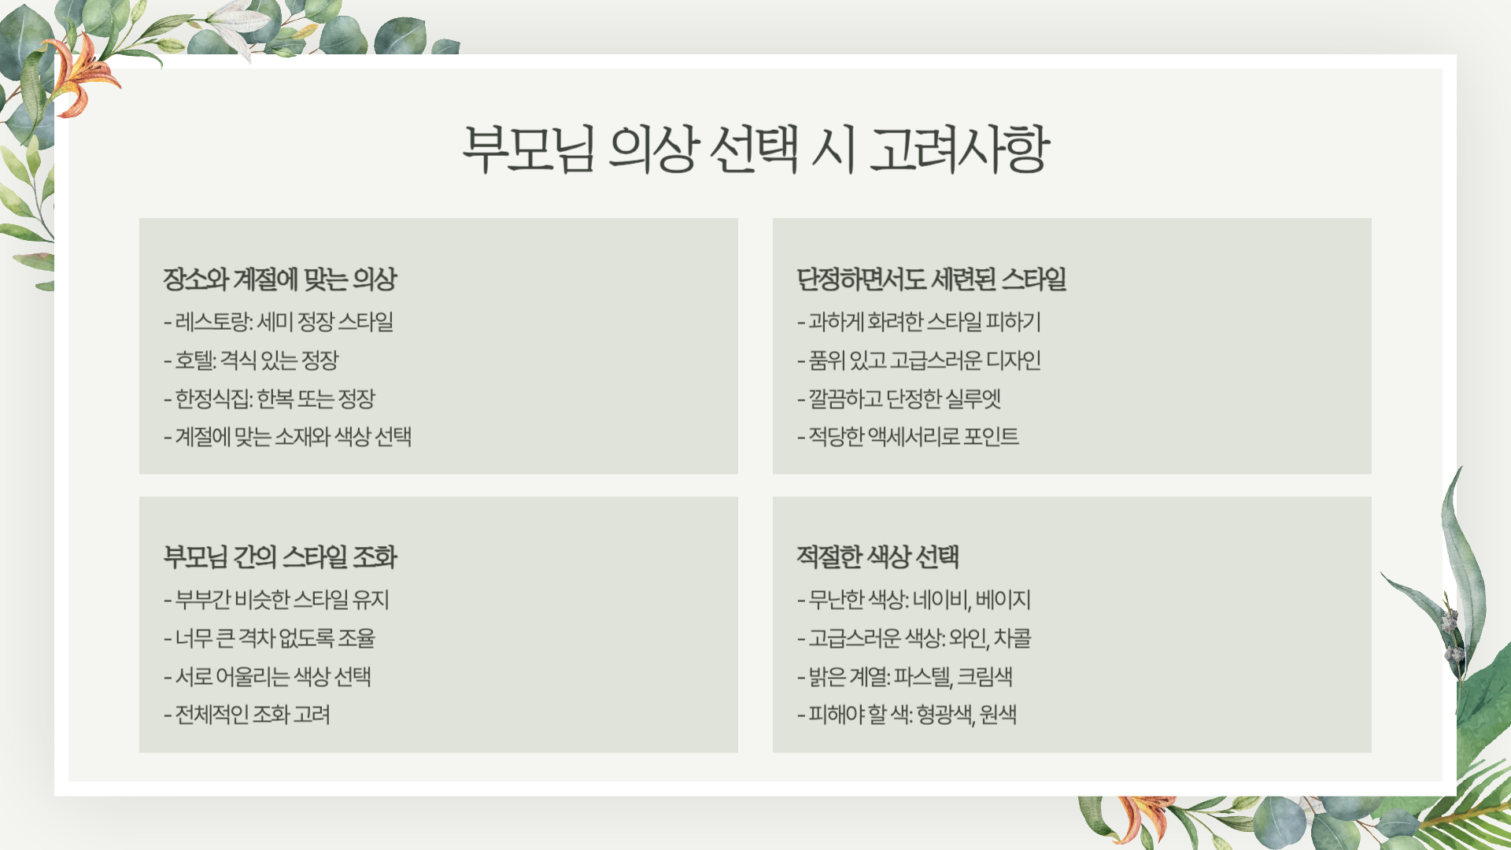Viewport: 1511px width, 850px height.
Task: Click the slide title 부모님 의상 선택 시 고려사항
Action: point(755,149)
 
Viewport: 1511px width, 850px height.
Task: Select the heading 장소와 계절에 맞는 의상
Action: point(280,279)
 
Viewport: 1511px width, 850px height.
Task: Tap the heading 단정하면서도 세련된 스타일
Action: point(931,279)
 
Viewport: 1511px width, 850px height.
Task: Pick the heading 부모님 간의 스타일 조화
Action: point(280,557)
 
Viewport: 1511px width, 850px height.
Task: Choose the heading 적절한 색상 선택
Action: point(877,557)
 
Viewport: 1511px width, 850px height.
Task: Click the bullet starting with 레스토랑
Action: point(279,322)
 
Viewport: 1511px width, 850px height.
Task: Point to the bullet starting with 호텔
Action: point(251,360)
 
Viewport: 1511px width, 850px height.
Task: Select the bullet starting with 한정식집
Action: point(269,399)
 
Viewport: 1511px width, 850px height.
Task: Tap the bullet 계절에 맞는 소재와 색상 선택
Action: point(288,437)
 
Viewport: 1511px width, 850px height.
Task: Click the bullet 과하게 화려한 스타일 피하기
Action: point(919,322)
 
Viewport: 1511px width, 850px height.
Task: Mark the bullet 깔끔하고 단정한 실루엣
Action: point(899,399)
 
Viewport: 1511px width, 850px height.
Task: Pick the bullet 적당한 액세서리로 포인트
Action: point(908,437)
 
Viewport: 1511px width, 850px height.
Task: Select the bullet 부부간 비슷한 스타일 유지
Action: point(277,600)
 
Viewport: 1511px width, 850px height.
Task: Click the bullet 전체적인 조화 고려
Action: point(247,715)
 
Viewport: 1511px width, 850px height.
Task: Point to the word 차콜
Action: point(1012,638)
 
